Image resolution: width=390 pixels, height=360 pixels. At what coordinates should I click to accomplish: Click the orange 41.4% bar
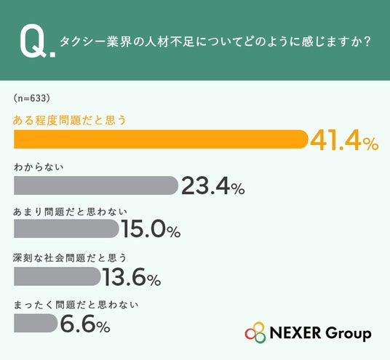[x=161, y=139]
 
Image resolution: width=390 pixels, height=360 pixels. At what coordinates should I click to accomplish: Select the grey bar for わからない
[x=96, y=185]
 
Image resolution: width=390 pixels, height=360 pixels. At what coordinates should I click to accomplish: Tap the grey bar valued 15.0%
[x=66, y=228]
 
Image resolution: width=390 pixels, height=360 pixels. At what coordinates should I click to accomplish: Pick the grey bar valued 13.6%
[x=57, y=276]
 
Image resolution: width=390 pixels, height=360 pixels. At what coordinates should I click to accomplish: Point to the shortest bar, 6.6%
[x=36, y=323]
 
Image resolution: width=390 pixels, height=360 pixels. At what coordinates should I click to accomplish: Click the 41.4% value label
[x=344, y=140]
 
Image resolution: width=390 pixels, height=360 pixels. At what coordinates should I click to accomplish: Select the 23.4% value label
[x=213, y=186]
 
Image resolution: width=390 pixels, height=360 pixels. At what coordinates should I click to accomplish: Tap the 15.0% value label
[x=151, y=229]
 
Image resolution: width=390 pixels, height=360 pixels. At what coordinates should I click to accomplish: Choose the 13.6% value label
[x=132, y=276]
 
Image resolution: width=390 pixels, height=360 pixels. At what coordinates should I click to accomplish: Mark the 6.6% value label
[x=85, y=324]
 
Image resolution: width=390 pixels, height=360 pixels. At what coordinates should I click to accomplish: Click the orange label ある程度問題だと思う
[x=70, y=120]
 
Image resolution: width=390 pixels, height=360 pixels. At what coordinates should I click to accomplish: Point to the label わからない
[x=39, y=167]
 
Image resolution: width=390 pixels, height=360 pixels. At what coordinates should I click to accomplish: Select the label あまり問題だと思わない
[x=70, y=212]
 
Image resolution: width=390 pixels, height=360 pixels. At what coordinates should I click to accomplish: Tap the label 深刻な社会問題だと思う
[x=70, y=258]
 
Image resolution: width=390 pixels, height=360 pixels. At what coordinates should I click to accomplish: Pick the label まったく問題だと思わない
[x=76, y=305]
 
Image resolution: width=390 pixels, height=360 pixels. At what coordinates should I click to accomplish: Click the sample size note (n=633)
[x=32, y=98]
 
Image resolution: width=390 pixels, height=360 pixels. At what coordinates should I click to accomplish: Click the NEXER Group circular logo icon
[x=255, y=332]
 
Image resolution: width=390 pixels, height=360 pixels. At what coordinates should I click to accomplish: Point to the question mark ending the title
[x=367, y=41]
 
